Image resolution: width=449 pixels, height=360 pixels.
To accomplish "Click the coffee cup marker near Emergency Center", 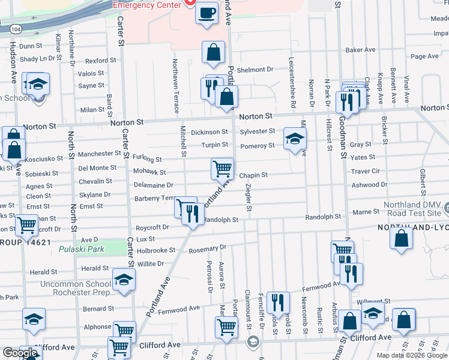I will pos(207,13).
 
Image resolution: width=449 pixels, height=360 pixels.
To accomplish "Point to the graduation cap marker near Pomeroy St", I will pos(294,139).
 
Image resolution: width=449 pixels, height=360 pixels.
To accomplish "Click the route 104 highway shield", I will pos(14,28).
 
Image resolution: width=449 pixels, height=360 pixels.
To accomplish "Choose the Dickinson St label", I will pos(209,132).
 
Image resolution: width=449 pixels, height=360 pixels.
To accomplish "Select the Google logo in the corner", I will pos(20,353).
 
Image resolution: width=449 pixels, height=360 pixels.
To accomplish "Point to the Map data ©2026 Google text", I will pos(412,355).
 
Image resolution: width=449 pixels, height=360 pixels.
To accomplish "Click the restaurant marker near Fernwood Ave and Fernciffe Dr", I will pos(279,302).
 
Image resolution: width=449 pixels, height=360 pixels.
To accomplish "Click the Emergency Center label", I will pos(148,5).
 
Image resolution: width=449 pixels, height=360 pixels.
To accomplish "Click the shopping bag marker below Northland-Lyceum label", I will pos(401,237).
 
